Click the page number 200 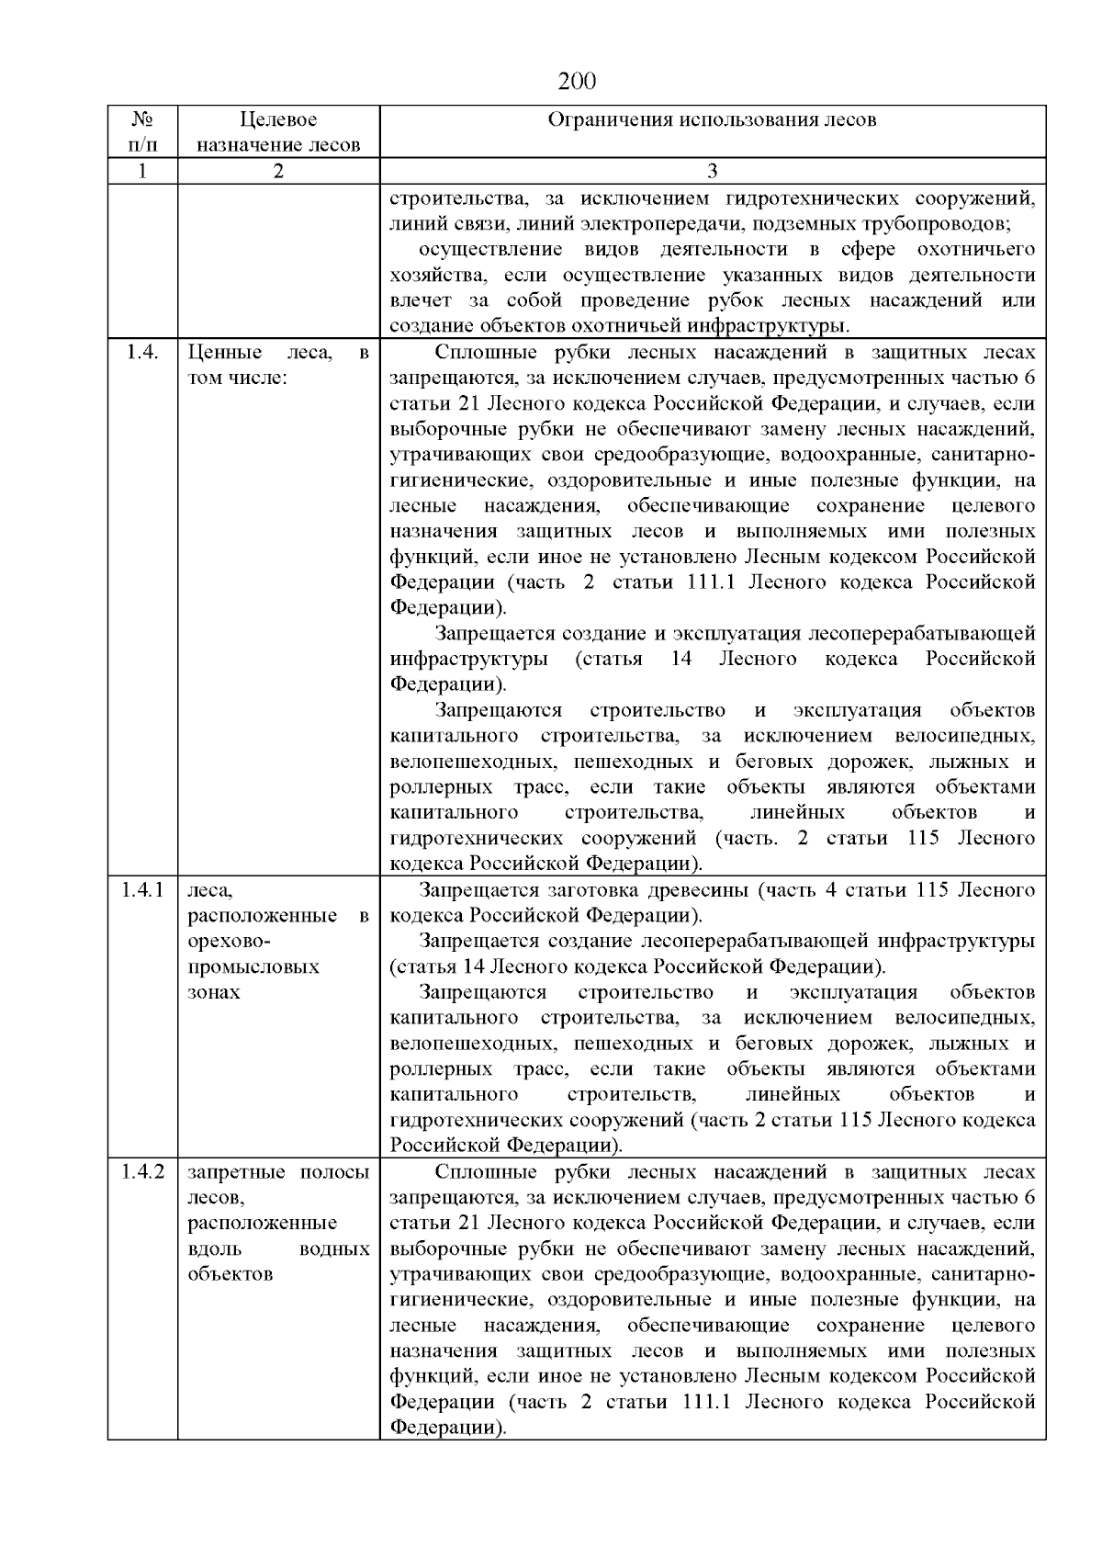pyautogui.click(x=578, y=82)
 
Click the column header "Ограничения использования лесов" pyautogui.click(x=712, y=120)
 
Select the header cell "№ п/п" pyautogui.click(x=142, y=131)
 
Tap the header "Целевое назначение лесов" pyautogui.click(x=278, y=131)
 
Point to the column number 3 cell pyautogui.click(x=712, y=171)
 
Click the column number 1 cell pyautogui.click(x=142, y=171)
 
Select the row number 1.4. pyautogui.click(x=142, y=353)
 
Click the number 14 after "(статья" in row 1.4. pyautogui.click(x=680, y=660)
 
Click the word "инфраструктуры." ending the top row pyautogui.click(x=775, y=326)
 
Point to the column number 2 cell pyautogui.click(x=278, y=171)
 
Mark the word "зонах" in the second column pyautogui.click(x=214, y=992)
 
